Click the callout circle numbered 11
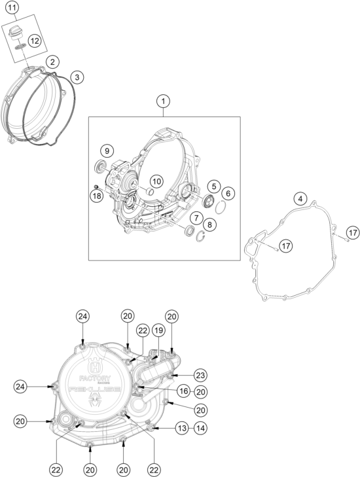click(12, 8)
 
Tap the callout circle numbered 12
click(35, 41)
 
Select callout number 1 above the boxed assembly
click(164, 101)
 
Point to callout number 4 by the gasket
click(300, 200)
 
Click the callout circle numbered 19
click(157, 330)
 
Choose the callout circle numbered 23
click(200, 376)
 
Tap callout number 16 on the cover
click(184, 391)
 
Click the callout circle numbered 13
click(182, 429)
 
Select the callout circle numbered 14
click(200, 429)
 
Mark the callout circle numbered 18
click(97, 196)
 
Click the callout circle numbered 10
click(156, 182)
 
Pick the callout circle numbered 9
click(107, 150)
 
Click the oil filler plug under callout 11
click(14, 33)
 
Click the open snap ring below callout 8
click(200, 236)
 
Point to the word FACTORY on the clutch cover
click(95, 379)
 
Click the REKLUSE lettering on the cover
click(94, 390)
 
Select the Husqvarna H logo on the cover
click(95, 366)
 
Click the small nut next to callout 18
click(95, 186)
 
